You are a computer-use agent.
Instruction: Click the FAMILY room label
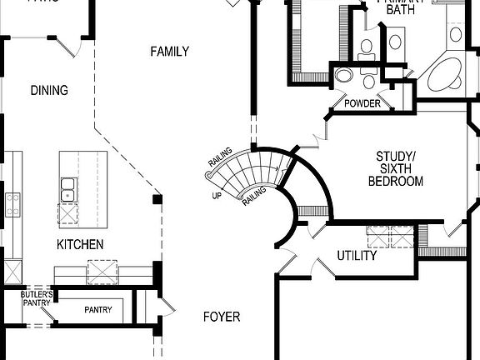click(169, 52)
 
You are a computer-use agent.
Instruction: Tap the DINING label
click(48, 90)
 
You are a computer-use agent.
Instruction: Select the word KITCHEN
click(80, 244)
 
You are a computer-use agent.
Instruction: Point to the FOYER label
click(222, 317)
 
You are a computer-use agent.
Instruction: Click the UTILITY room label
click(357, 256)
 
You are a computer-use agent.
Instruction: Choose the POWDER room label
click(362, 104)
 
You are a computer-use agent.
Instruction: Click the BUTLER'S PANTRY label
click(37, 298)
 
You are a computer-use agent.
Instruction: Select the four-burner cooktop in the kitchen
click(13, 204)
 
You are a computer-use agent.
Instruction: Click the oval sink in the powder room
click(344, 77)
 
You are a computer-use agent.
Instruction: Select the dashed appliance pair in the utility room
click(390, 237)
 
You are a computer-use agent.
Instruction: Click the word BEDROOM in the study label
click(396, 181)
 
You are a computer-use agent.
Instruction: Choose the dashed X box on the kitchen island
click(102, 272)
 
